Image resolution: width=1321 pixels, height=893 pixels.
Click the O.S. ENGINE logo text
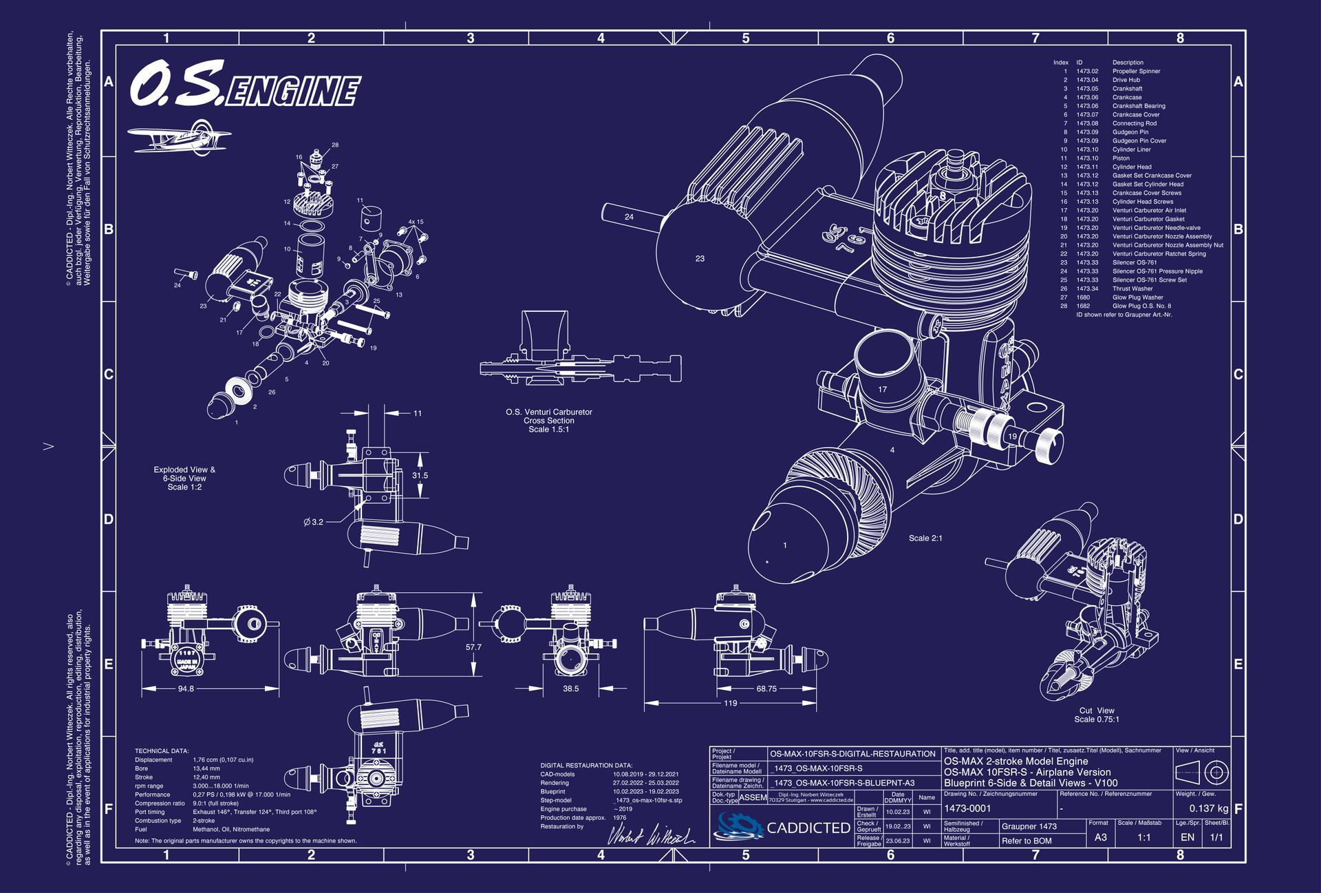click(245, 85)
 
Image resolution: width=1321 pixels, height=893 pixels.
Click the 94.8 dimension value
click(186, 689)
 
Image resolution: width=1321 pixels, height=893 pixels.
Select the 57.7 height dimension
click(473, 647)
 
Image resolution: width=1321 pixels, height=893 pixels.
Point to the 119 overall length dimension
click(730, 703)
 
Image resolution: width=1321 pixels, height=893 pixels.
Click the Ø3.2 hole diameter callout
click(314, 522)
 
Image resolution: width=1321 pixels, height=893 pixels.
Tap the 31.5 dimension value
click(420, 475)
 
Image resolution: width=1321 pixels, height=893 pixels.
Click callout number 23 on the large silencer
click(700, 259)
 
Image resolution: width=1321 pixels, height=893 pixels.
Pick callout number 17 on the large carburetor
click(883, 390)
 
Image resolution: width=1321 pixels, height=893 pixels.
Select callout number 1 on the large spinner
click(785, 545)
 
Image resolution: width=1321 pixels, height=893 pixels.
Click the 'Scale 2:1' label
click(925, 538)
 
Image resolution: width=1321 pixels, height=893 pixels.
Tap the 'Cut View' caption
click(1097, 711)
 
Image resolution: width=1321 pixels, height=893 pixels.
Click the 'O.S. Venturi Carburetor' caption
click(548, 412)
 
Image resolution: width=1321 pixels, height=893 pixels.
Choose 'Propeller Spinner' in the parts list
click(1136, 72)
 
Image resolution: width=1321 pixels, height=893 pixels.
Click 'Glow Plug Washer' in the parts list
click(1137, 297)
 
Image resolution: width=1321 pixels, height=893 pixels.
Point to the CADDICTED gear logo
click(739, 826)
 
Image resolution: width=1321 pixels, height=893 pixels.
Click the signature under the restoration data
click(650, 834)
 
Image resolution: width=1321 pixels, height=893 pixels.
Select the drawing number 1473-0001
click(967, 808)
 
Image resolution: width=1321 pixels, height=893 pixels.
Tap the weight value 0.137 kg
click(1208, 808)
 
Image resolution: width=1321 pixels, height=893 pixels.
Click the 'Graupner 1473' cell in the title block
click(1029, 826)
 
